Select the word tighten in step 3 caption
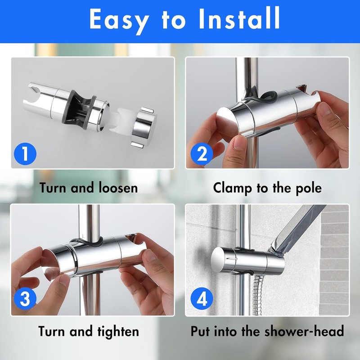click(x=118, y=332)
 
